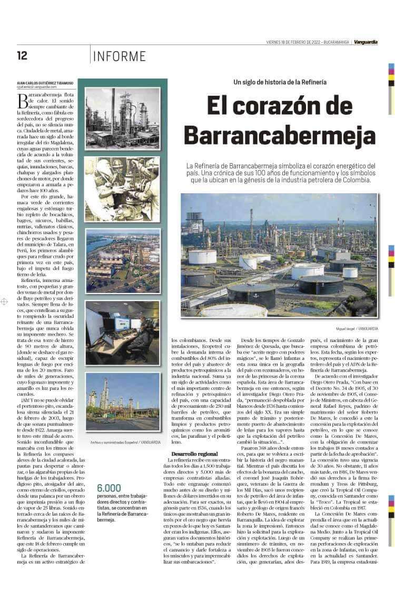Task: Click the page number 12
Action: (x=22, y=55)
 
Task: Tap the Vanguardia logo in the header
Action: (x=366, y=42)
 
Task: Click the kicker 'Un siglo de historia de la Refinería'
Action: (x=280, y=82)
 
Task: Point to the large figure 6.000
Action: (x=109, y=488)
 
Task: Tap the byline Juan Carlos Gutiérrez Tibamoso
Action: (x=46, y=83)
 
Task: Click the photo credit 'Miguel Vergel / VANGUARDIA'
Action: (x=357, y=329)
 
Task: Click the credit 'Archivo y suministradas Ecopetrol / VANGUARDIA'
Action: (x=125, y=442)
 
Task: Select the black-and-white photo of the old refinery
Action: (x=123, y=118)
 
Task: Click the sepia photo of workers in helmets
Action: (x=123, y=188)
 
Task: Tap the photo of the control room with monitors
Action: (x=123, y=333)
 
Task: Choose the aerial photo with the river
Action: (x=123, y=261)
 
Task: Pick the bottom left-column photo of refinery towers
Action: (x=123, y=401)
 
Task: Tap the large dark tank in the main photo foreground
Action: (x=252, y=296)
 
